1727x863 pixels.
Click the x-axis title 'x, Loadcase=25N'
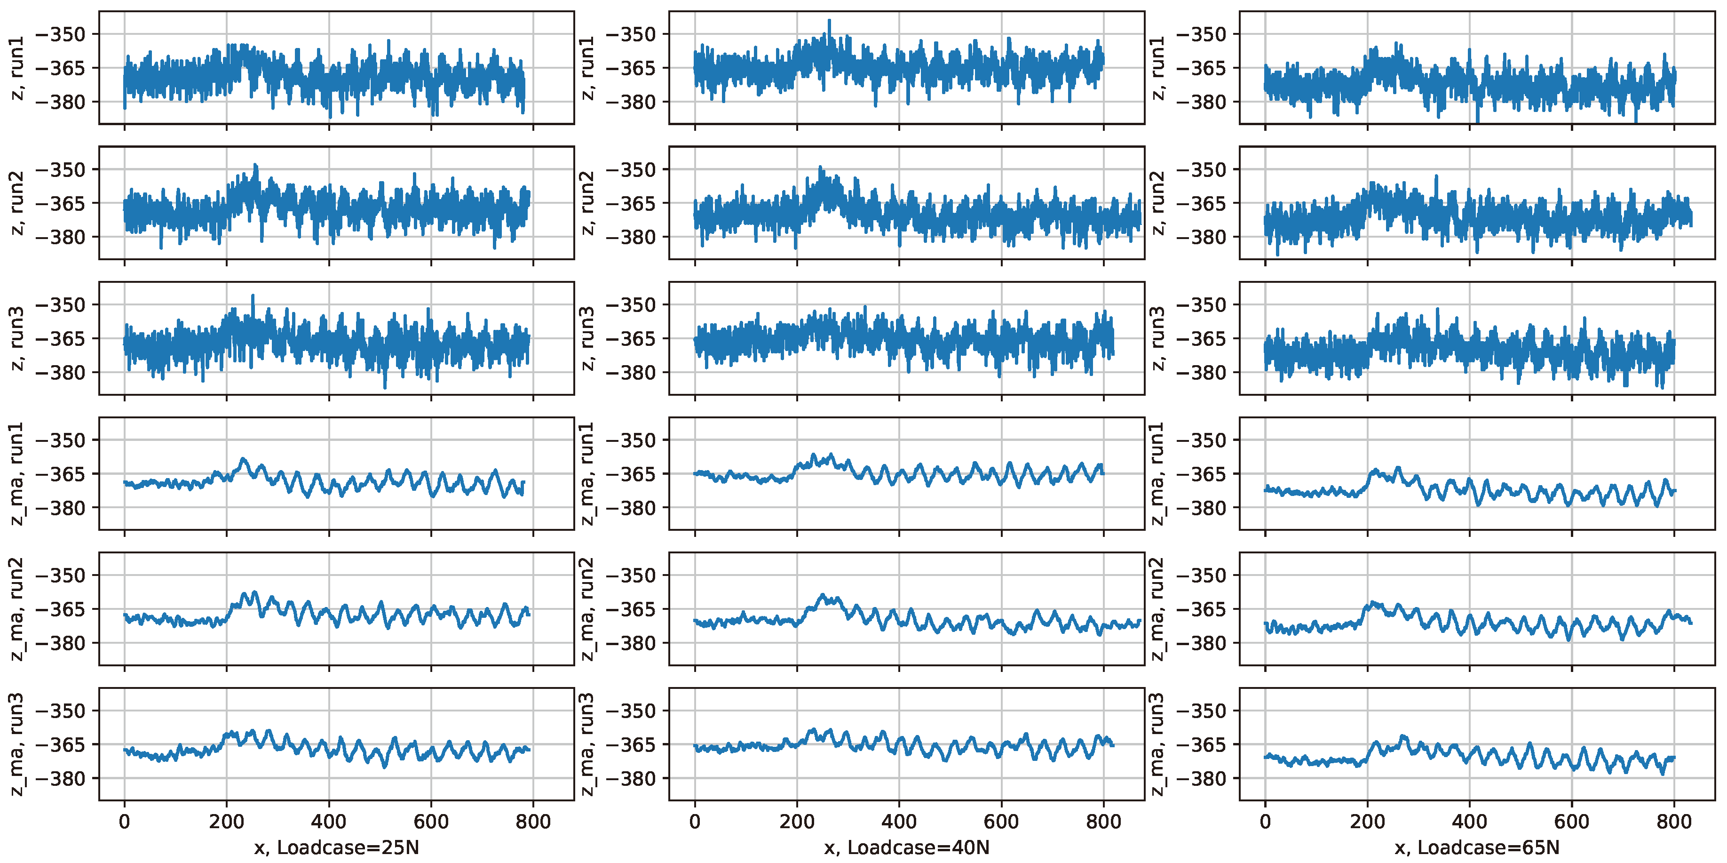pyautogui.click(x=337, y=847)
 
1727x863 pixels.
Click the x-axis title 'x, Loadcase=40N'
pyautogui.click(x=906, y=847)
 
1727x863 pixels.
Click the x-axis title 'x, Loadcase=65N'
pyautogui.click(x=1477, y=847)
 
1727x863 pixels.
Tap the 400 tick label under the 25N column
pyautogui.click(x=328, y=822)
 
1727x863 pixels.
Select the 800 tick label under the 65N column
pyautogui.click(x=1674, y=822)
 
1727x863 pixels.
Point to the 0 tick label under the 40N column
pyautogui.click(x=695, y=822)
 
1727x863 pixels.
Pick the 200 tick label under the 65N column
pyautogui.click(x=1367, y=822)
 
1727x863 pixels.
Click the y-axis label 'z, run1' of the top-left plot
pyautogui.click(x=17, y=68)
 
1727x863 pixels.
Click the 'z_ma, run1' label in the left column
pyautogui.click(x=17, y=473)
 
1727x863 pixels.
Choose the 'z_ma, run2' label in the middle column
pyautogui.click(x=586, y=609)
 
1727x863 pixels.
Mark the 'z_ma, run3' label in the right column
pyautogui.click(x=1157, y=744)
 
